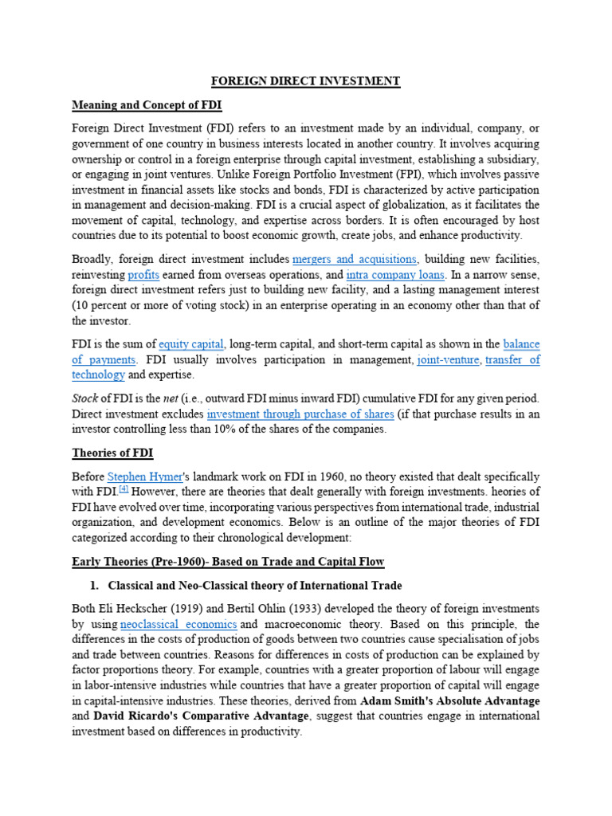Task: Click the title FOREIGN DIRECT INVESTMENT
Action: (x=305, y=81)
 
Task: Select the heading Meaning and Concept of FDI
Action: (x=147, y=104)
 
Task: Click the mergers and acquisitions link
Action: (x=355, y=259)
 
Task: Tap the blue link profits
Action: (x=143, y=274)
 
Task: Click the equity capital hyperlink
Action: (x=192, y=344)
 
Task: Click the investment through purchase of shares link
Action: (x=300, y=414)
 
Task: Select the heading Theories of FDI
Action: (x=112, y=453)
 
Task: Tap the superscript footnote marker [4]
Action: (x=124, y=490)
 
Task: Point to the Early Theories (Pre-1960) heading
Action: (x=228, y=562)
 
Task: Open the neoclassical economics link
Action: (x=178, y=625)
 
